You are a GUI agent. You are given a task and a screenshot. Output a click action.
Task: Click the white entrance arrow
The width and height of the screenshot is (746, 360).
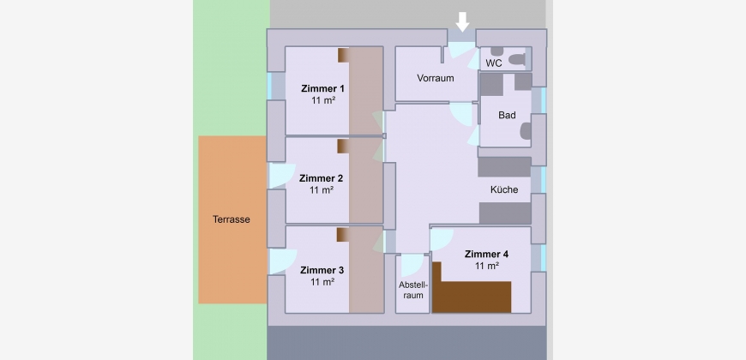click(x=462, y=22)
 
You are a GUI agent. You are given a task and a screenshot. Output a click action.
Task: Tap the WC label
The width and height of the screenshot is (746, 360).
click(x=494, y=63)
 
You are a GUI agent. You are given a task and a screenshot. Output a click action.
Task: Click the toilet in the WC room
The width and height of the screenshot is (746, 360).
click(x=517, y=59)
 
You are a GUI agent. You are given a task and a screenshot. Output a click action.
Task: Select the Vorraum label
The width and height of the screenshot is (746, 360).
click(x=436, y=78)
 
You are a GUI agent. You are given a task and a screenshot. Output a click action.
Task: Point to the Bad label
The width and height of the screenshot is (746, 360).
click(x=507, y=115)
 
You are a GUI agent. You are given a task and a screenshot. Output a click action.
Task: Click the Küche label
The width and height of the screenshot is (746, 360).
click(x=504, y=189)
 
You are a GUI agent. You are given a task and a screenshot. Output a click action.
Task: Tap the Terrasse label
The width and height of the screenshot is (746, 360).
click(x=232, y=219)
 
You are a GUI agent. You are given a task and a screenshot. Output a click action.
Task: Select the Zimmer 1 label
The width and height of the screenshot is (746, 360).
click(x=322, y=88)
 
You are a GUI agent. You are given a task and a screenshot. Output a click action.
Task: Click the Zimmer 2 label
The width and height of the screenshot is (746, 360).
click(x=322, y=178)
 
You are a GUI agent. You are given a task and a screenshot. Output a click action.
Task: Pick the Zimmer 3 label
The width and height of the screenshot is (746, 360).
click(x=322, y=270)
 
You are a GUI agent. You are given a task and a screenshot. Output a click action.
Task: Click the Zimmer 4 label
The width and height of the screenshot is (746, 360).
click(x=487, y=254)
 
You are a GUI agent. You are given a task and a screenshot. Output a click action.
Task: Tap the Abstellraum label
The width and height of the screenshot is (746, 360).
click(x=413, y=290)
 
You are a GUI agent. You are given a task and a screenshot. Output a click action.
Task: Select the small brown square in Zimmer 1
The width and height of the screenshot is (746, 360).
click(x=344, y=55)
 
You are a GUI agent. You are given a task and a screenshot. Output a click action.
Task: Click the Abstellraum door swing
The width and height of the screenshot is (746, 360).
click(x=412, y=265)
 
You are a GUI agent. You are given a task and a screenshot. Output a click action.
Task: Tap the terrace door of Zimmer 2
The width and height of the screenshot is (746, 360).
click(x=283, y=176)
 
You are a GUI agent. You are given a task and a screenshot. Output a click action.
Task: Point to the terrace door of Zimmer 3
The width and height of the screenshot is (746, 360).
click(x=283, y=261)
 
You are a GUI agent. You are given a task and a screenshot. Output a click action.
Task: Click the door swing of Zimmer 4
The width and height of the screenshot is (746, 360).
click(x=442, y=240)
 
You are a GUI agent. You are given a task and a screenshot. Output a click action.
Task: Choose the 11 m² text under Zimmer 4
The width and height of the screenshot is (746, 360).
click(x=487, y=266)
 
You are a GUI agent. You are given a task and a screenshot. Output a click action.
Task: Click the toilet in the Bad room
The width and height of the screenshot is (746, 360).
click(x=526, y=131)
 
